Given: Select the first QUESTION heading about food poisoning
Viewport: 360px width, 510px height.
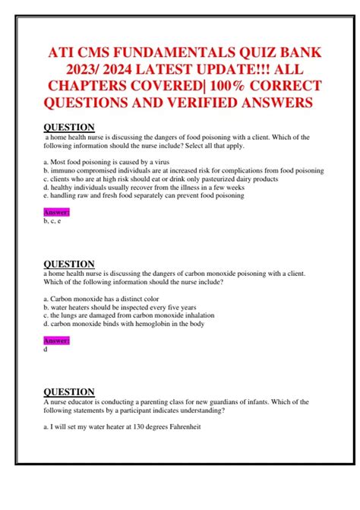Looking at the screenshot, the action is point(69,127).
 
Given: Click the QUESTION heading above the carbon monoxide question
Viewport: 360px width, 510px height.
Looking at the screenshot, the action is point(69,265).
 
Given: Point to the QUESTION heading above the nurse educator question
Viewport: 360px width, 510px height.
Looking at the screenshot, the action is point(69,392).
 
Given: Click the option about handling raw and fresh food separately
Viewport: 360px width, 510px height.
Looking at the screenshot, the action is point(144,195).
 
